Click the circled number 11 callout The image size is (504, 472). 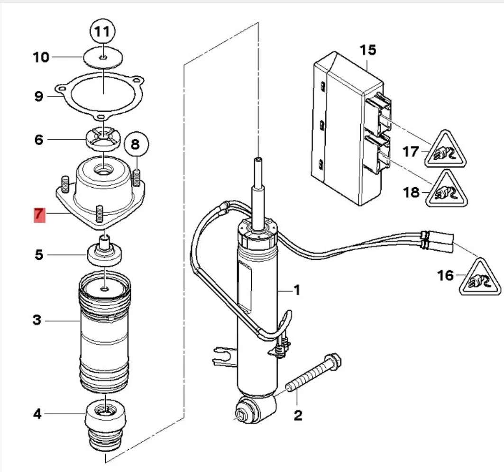(x=102, y=31)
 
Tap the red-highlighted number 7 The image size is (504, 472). (x=39, y=215)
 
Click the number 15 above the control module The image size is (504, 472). (x=368, y=50)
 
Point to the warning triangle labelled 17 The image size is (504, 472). (x=445, y=150)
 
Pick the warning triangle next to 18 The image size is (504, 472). (x=446, y=190)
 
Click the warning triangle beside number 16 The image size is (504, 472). (x=480, y=278)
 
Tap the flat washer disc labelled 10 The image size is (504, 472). (x=102, y=58)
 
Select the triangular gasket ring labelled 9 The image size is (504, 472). (x=99, y=95)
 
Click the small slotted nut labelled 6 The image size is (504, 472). (x=102, y=139)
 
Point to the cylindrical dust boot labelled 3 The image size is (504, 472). (x=105, y=332)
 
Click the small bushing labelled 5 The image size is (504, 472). (x=105, y=252)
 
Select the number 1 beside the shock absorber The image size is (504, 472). (x=297, y=290)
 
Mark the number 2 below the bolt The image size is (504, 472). (x=298, y=415)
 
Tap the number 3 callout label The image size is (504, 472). (x=37, y=320)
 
